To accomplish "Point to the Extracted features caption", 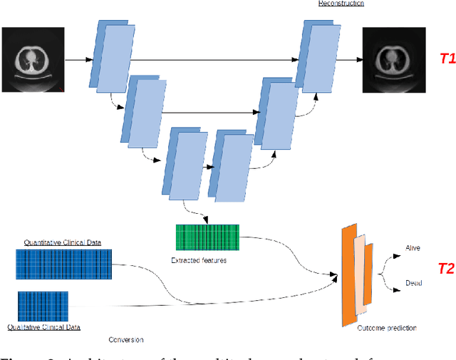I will coord(199,260).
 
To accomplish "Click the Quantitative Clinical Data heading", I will coord(63,242).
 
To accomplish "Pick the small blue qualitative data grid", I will coord(42,306).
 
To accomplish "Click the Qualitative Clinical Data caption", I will coord(43,327).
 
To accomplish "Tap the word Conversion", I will coord(126,339).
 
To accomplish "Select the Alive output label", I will coord(413,247).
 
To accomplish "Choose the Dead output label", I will coord(413,283).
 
